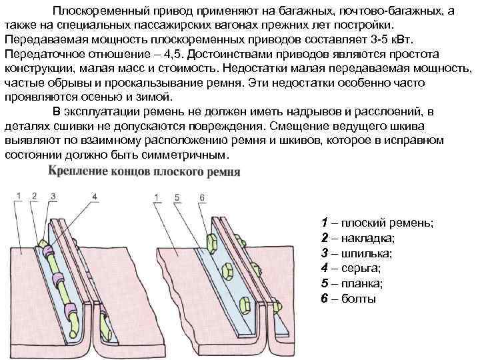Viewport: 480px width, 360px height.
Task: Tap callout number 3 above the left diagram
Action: coord(53,196)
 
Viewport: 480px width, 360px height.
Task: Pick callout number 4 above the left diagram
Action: coord(94,196)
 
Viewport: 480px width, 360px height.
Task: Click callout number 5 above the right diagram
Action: coord(176,196)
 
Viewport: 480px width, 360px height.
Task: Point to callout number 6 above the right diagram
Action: coord(201,196)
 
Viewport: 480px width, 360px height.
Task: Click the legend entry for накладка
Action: coord(357,237)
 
